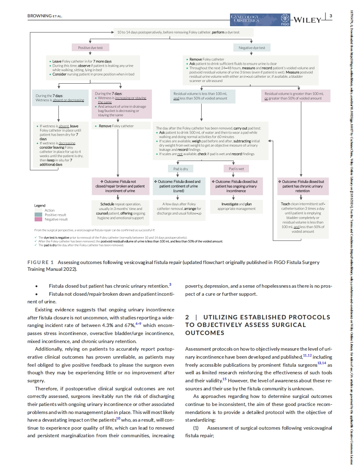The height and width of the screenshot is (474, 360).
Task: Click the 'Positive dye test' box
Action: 91,48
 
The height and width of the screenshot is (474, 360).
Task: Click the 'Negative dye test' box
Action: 252,48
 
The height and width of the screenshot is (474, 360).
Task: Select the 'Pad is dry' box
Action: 181,169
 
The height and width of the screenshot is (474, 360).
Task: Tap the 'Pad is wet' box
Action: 236,169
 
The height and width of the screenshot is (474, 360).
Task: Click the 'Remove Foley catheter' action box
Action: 121,126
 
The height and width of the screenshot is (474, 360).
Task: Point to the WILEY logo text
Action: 307,19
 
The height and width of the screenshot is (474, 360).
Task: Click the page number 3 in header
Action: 330,16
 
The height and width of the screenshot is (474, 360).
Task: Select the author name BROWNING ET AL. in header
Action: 45,16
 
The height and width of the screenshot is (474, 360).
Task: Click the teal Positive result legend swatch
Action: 38,215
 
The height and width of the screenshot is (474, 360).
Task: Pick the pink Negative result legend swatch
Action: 38,220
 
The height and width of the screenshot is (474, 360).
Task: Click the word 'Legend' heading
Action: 40,205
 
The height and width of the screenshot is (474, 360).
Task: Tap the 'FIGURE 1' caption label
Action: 41,262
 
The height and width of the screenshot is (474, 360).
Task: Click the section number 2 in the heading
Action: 187,317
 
